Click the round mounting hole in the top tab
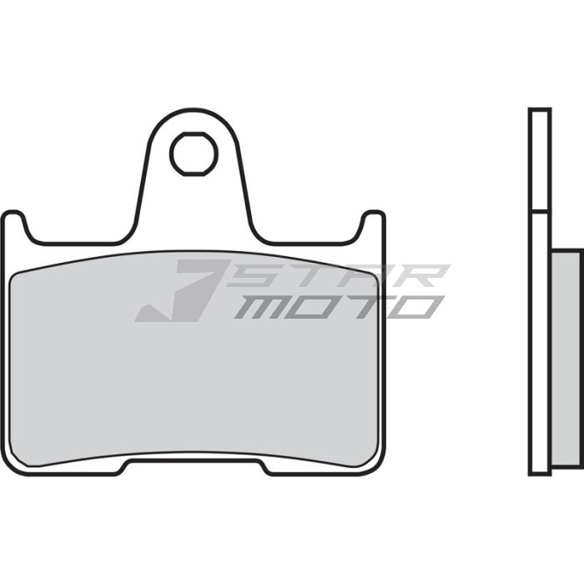tap(194, 154)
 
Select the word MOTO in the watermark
tap(338, 307)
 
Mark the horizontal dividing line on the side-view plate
tap(540, 212)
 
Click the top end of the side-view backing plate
tap(540, 111)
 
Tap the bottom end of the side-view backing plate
tap(540, 472)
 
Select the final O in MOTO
tap(416, 307)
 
